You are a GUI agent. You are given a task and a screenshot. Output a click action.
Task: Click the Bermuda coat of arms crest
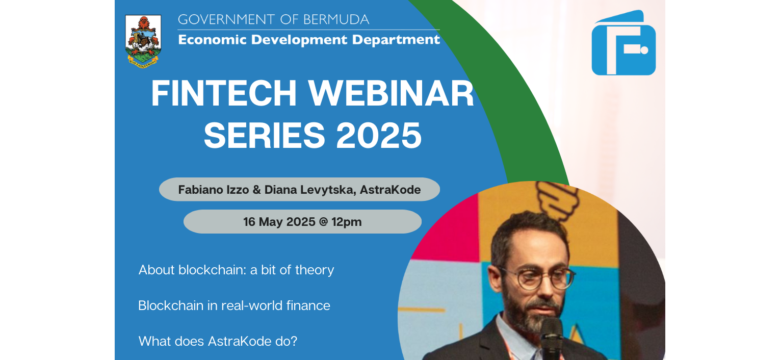[x=143, y=40]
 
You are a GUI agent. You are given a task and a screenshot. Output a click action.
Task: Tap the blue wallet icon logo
[x=623, y=44]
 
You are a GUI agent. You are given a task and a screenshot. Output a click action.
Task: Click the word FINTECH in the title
[x=224, y=94]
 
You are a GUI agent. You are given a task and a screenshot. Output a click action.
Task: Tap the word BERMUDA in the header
[x=336, y=20]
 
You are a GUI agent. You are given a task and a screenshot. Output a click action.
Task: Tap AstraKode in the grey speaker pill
[x=390, y=190]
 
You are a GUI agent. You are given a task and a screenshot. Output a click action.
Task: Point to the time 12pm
[x=346, y=222]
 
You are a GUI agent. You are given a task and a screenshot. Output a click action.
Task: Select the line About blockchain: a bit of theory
[x=236, y=270]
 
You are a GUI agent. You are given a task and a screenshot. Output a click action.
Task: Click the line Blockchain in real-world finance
[x=234, y=305]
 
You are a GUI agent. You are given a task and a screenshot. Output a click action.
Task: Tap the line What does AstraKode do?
[x=218, y=341]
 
